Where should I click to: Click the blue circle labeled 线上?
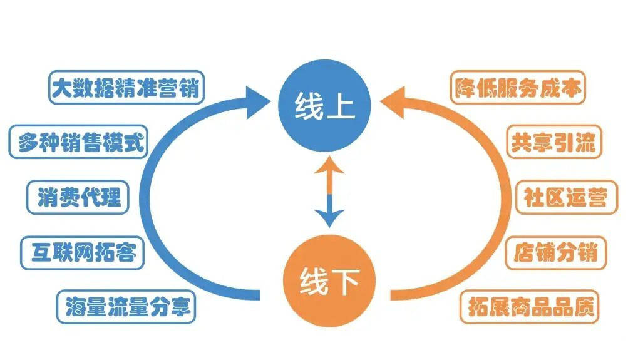[x=324, y=109]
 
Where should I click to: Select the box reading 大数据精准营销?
[x=126, y=88]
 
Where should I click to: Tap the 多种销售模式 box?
[x=78, y=143]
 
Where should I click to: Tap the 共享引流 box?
[x=552, y=143]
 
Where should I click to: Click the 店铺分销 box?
[x=555, y=253]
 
